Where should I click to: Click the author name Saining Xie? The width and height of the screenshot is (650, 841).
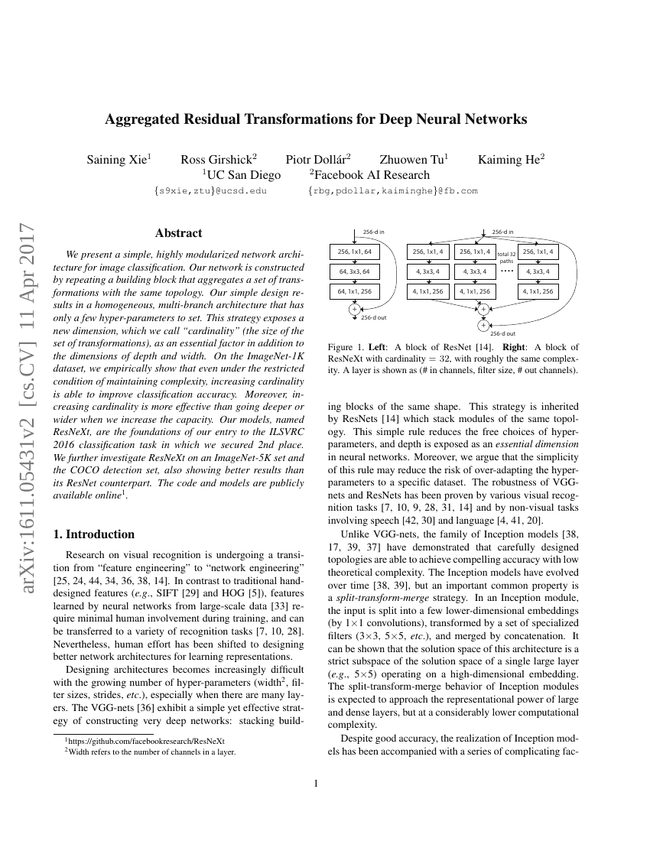[x=119, y=160]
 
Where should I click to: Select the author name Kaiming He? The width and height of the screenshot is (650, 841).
[x=511, y=160]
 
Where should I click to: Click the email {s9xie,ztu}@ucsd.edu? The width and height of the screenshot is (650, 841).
[x=210, y=191]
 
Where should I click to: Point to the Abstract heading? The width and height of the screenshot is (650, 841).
[x=178, y=233]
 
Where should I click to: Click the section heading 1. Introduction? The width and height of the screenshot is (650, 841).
[x=96, y=534]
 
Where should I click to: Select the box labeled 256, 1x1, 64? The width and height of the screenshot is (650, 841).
[x=354, y=252]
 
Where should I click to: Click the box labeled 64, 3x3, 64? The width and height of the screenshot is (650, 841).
[x=354, y=271]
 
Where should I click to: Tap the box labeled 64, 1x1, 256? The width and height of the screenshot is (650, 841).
[x=354, y=291]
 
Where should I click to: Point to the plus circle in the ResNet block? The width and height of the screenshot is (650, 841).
[x=354, y=309]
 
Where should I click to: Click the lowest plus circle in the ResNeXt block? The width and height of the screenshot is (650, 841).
[x=483, y=325]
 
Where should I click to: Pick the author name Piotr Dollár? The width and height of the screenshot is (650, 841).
[x=318, y=160]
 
